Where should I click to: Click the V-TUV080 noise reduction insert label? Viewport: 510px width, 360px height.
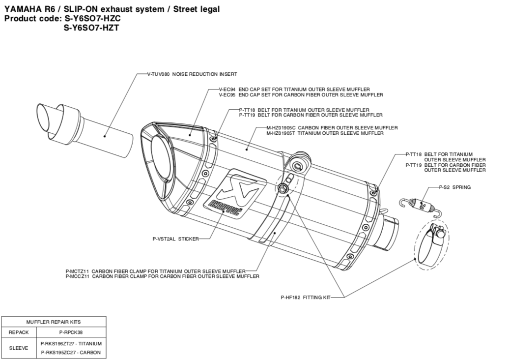point(192,74)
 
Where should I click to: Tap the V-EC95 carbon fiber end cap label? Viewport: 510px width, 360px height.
point(301,94)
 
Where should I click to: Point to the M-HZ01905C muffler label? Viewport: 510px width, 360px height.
point(332,128)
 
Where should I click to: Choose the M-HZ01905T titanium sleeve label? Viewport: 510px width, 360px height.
point(325,133)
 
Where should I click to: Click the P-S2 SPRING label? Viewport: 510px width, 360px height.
point(454,187)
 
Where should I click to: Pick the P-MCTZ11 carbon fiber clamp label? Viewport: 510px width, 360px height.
point(155,271)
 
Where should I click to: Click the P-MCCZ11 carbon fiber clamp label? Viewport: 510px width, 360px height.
point(162,276)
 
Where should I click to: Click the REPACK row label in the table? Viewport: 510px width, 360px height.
point(18,332)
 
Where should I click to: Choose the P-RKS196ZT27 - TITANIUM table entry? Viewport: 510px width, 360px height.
point(71,343)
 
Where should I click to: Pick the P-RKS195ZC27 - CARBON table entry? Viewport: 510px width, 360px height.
point(71,352)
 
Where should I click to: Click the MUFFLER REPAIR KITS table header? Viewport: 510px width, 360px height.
point(54,322)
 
